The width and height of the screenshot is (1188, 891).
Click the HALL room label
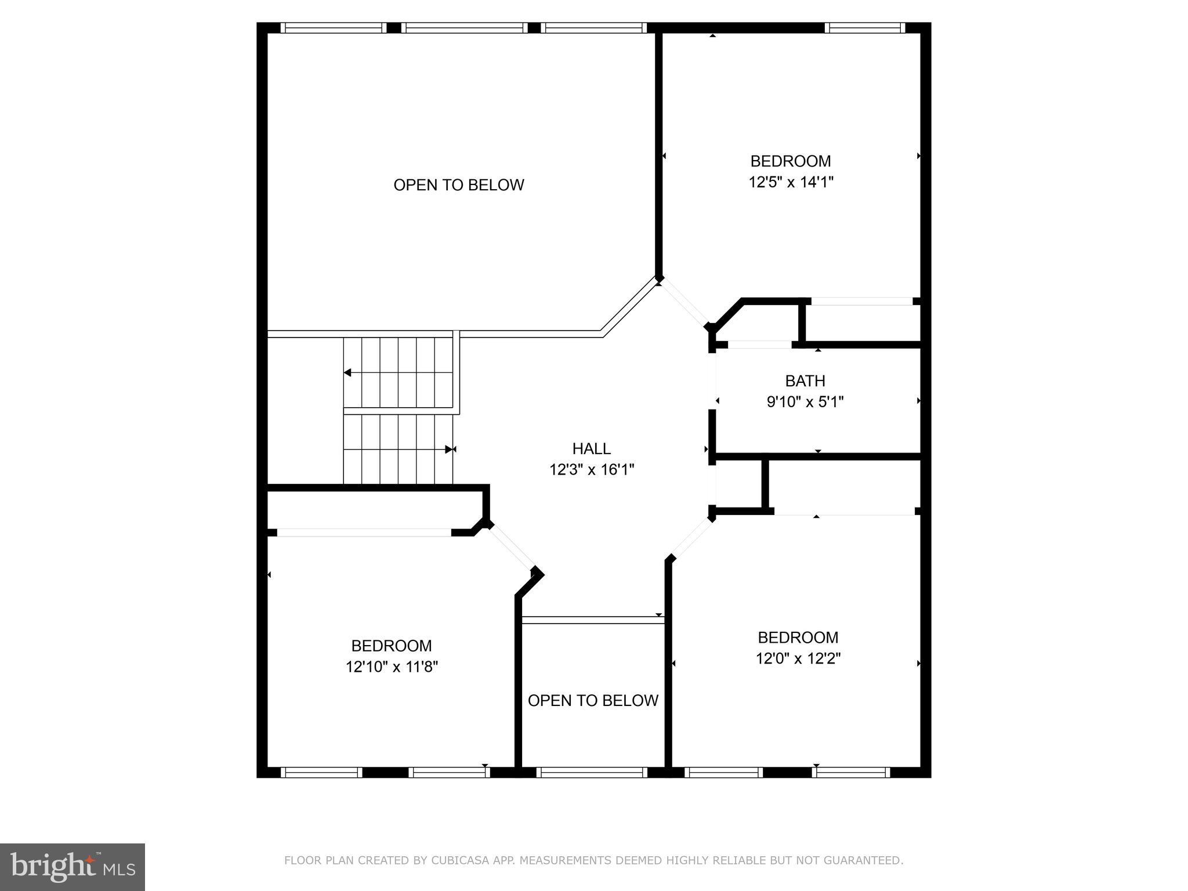(591, 448)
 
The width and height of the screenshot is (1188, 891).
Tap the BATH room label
(805, 381)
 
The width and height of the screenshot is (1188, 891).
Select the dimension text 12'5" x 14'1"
(791, 182)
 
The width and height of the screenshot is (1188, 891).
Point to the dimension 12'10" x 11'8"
(392, 667)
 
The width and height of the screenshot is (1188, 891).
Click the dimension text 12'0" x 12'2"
(798, 658)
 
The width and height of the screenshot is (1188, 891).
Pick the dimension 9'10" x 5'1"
(805, 401)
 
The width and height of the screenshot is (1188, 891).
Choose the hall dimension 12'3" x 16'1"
(592, 469)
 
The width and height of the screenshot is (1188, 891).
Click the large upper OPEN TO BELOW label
(458, 185)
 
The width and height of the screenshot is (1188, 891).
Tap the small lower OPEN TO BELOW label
(593, 701)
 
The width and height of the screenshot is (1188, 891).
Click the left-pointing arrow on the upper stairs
(348, 372)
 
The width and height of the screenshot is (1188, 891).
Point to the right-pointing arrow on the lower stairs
(449, 450)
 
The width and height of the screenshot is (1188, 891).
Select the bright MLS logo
(72, 867)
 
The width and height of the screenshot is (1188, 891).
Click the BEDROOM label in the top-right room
(791, 161)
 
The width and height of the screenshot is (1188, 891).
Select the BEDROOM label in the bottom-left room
(392, 646)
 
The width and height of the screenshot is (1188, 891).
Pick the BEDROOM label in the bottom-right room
(798, 638)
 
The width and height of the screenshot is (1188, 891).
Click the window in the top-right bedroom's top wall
(864, 27)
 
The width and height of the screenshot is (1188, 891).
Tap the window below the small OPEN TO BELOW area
(592, 772)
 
